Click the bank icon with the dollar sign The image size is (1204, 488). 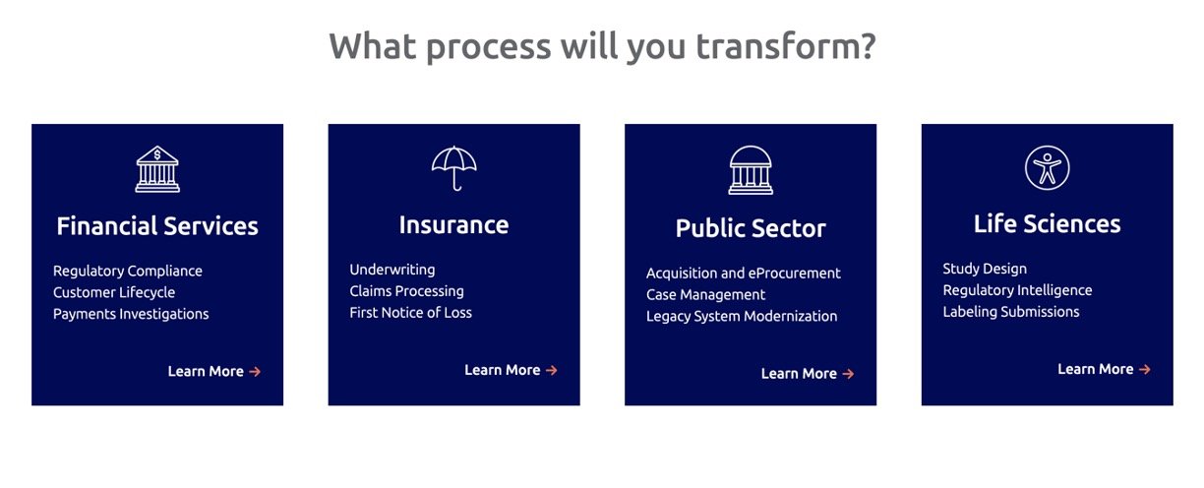click(x=157, y=169)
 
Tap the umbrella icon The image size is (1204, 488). click(x=454, y=161)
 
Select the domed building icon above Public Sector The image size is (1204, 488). click(x=751, y=170)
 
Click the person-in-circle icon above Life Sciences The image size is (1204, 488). click(x=1047, y=167)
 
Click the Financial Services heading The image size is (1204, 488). click(x=157, y=226)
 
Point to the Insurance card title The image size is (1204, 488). click(x=454, y=225)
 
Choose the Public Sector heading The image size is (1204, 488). click(x=751, y=228)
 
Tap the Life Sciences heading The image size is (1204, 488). click(x=1047, y=224)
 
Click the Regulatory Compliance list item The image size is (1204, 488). click(x=128, y=271)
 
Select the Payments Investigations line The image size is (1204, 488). click(x=131, y=314)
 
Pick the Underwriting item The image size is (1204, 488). click(x=392, y=270)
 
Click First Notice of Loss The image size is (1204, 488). click(x=410, y=313)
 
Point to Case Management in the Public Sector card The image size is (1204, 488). click(x=705, y=294)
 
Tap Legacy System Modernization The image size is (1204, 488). click(x=742, y=316)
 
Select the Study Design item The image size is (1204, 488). click(x=985, y=269)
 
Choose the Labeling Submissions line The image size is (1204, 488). click(x=1011, y=312)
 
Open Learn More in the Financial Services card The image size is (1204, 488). click(x=214, y=371)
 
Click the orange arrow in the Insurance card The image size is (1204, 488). click(x=552, y=370)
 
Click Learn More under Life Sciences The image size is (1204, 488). click(x=1104, y=369)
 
